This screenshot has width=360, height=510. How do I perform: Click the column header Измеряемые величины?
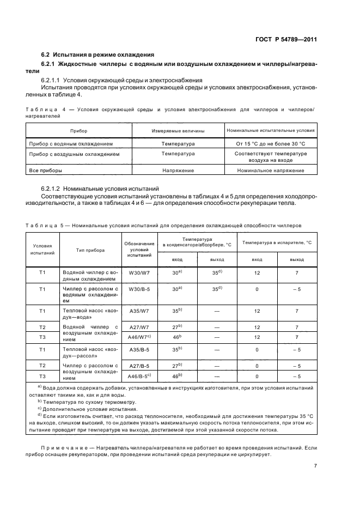click(x=178, y=131)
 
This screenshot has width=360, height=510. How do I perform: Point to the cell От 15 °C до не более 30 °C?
click(x=271, y=144)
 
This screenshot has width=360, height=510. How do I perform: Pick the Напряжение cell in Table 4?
click(x=178, y=171)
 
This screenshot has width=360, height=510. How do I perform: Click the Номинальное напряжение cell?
click(x=271, y=171)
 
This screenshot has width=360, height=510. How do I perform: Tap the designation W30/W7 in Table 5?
click(x=140, y=272)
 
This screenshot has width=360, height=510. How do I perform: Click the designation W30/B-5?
click(x=140, y=289)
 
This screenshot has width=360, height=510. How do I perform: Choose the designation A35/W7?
click(x=140, y=311)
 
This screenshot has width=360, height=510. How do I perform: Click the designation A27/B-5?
click(x=140, y=366)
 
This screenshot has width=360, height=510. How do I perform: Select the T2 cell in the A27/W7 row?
click(x=42, y=327)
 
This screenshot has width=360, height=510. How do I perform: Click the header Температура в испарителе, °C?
click(x=277, y=242)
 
